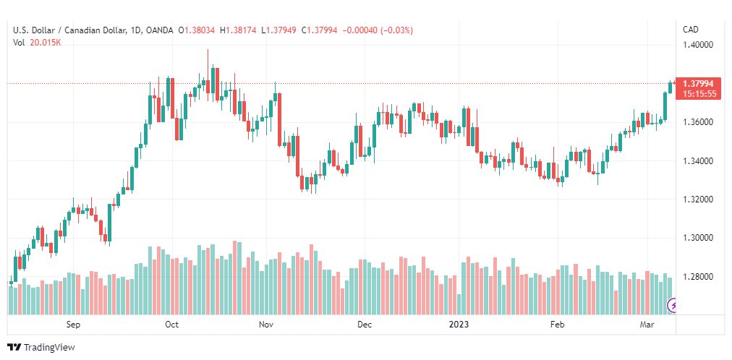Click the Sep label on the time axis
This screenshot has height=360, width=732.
73,325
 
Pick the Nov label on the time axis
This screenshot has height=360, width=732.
267,325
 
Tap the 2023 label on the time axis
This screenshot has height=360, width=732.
459,325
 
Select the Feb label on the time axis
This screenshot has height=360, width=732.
557,325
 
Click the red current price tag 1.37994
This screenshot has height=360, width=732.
698,84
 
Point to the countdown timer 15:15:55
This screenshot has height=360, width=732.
699,94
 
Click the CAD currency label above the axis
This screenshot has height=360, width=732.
691,30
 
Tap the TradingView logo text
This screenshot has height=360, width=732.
49,348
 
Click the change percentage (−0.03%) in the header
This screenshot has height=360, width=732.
397,30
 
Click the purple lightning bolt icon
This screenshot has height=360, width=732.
673,306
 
